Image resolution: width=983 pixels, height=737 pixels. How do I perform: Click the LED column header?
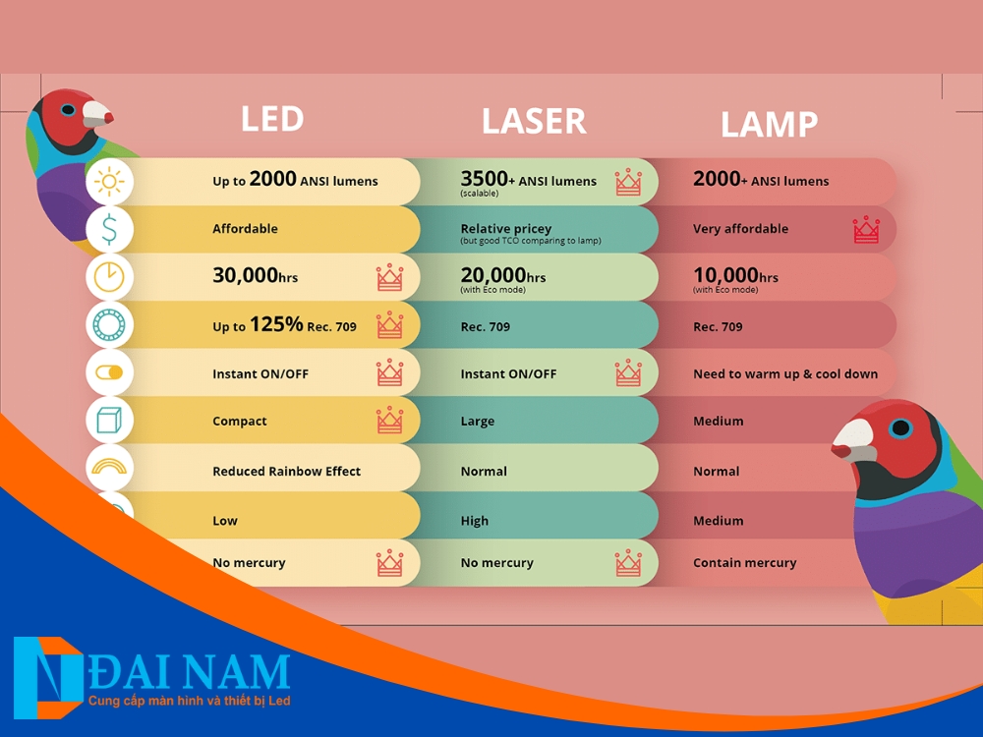point(272,119)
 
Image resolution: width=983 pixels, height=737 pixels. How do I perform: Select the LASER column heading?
point(534,122)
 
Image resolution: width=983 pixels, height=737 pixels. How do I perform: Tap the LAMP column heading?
point(770,125)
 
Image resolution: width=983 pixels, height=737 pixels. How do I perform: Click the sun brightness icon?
point(109,182)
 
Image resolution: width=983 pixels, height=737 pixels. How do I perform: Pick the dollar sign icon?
point(109,229)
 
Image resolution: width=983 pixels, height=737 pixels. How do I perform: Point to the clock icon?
point(109,276)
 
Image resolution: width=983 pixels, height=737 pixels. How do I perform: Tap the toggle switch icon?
point(109,372)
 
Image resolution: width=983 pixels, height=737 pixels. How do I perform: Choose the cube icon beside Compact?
point(109,421)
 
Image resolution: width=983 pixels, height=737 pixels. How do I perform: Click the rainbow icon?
point(109,466)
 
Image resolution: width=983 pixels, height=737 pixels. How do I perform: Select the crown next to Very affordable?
point(866,229)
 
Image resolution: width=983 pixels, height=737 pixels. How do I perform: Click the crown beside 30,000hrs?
point(389,277)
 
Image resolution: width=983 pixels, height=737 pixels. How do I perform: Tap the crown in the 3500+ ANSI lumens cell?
point(628,182)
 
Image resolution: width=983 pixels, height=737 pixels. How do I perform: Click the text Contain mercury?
point(745,563)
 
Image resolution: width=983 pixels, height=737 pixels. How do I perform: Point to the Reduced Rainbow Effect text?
point(286,472)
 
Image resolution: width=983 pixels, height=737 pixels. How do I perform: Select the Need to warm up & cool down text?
point(785,374)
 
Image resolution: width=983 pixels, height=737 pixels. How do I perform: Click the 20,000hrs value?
point(502,275)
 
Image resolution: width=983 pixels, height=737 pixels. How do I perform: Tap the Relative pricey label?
point(506,229)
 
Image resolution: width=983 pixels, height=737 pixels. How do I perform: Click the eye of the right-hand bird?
point(900,428)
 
